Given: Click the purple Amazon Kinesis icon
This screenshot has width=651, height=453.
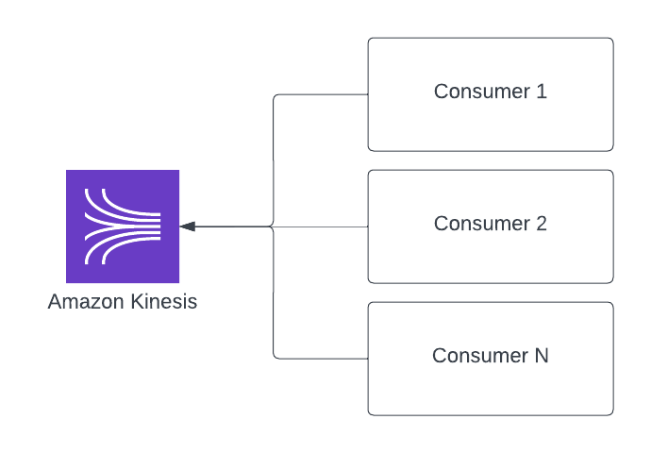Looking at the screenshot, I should click(x=123, y=226).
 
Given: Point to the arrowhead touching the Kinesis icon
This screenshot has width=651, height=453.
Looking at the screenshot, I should click(x=187, y=226).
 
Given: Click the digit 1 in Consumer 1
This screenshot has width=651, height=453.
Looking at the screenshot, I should click(x=542, y=92).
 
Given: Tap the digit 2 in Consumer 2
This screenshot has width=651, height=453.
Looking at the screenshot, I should click(x=542, y=224).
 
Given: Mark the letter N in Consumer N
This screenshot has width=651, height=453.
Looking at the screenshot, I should click(x=542, y=356).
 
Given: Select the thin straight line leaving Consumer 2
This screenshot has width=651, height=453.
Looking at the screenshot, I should click(x=321, y=226).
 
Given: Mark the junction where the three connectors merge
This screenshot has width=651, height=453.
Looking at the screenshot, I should click(x=273, y=226).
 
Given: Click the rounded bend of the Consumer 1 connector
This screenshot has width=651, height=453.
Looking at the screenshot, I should click(x=275, y=97).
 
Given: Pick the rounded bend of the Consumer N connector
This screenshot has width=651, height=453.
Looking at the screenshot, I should click(x=275, y=356).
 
